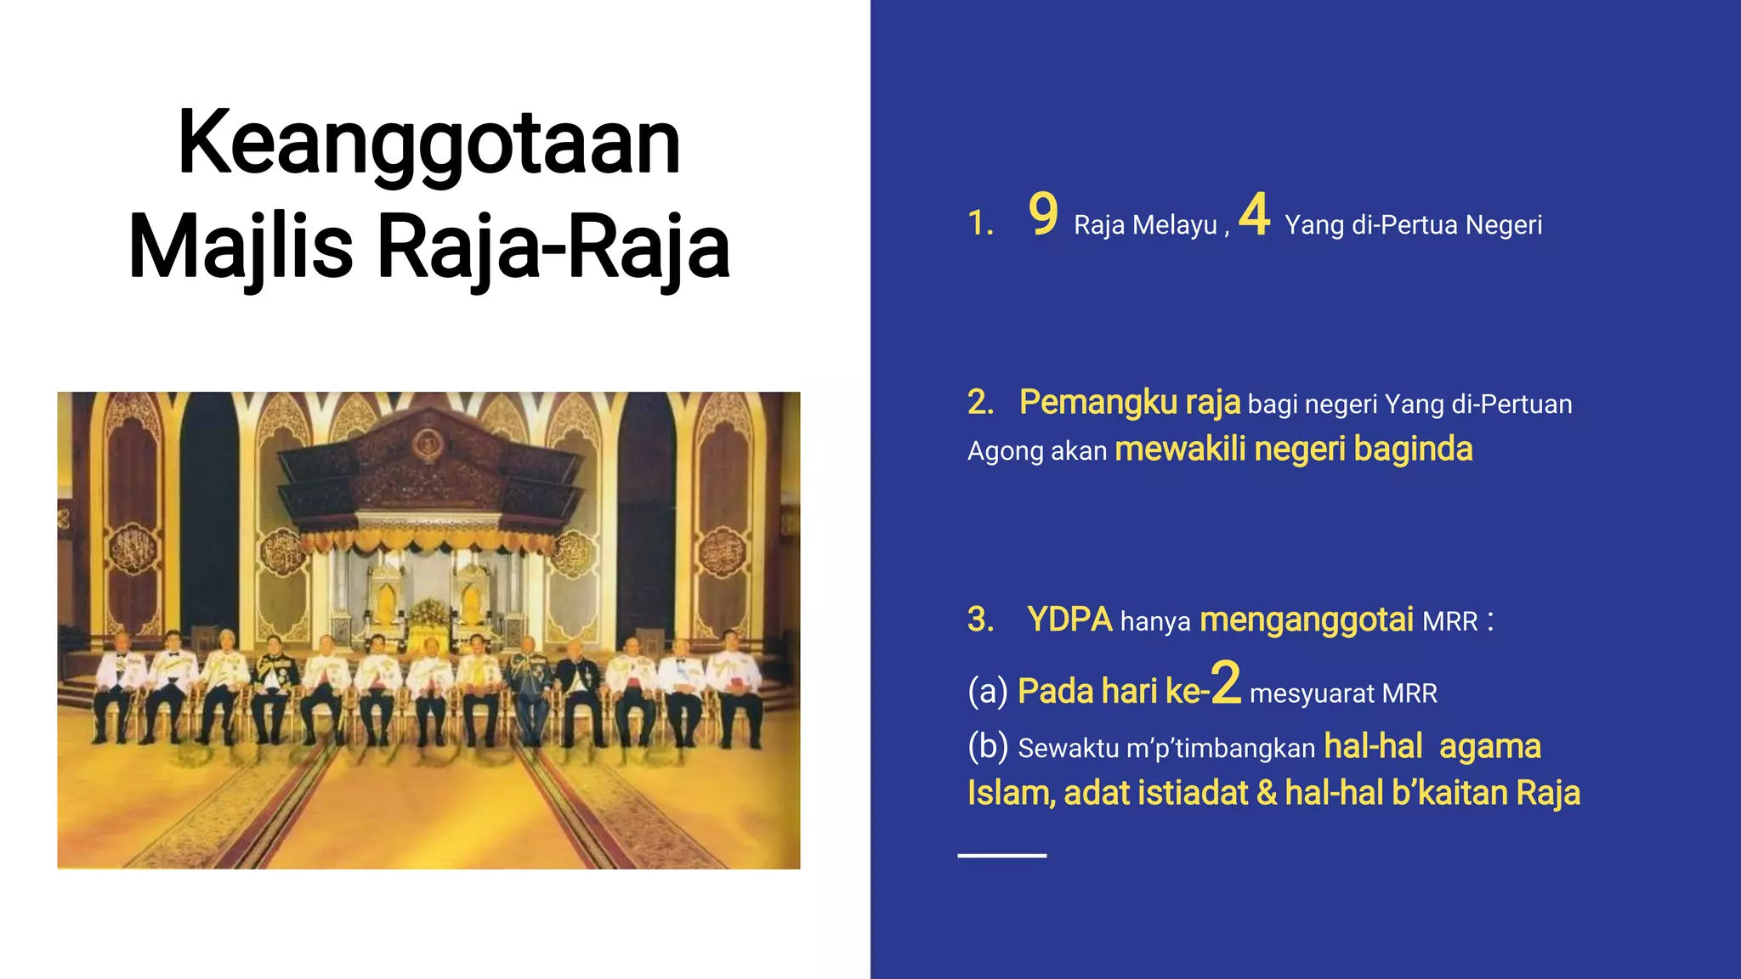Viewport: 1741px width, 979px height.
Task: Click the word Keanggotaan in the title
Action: tap(429, 143)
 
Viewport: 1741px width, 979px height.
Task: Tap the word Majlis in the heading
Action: tap(241, 247)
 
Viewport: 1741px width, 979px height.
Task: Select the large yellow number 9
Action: tap(1043, 214)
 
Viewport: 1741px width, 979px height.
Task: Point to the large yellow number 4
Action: tap(1255, 214)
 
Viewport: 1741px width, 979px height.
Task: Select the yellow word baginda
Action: tap(1413, 449)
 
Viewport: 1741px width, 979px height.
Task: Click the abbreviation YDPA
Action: tap(1069, 620)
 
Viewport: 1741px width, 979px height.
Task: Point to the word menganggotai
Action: tap(1307, 620)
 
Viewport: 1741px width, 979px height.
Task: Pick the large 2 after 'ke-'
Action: tap(1226, 683)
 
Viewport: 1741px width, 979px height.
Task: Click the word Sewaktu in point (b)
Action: tap(1069, 748)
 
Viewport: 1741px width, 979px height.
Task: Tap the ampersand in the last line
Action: tap(1267, 793)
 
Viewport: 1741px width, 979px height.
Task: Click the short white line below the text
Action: tap(1001, 855)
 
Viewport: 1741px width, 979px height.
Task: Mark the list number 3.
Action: tap(979, 620)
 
